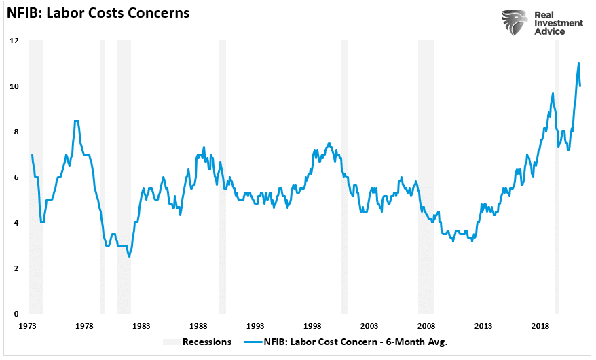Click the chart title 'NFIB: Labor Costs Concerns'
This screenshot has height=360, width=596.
point(98,13)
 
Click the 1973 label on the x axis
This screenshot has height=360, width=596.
point(28,327)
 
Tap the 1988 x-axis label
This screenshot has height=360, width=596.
point(198,327)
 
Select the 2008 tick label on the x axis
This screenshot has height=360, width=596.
point(426,327)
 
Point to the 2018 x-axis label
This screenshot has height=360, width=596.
point(540,327)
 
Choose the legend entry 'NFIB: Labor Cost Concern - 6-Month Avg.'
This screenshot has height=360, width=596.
point(357,342)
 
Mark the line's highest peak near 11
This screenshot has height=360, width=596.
point(578,64)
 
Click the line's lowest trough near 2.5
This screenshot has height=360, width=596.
point(129,257)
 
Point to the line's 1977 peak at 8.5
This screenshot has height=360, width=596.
point(76,121)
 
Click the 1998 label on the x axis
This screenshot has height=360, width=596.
point(312,327)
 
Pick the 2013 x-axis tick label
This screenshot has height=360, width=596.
point(483,327)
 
